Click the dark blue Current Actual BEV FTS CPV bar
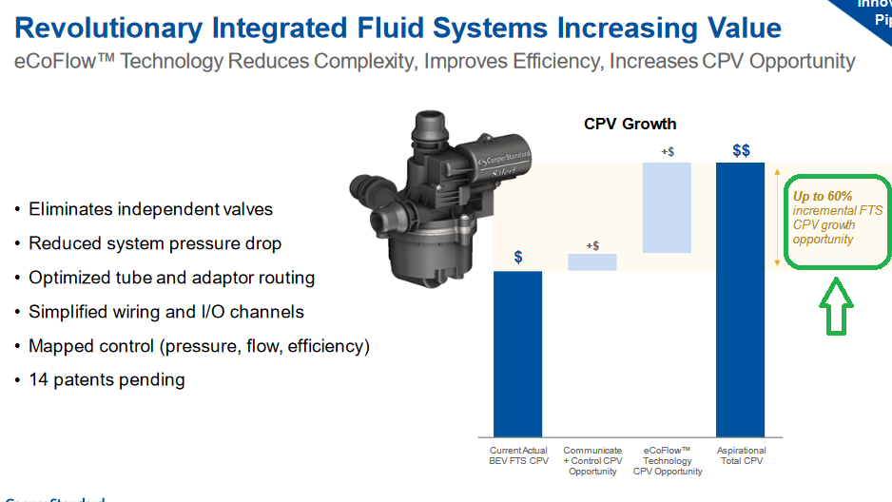pos(517,353)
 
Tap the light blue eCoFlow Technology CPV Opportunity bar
pos(667,207)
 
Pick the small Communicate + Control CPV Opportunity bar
pos(592,261)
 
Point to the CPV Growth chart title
pos(630,124)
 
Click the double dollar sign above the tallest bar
pos(741,150)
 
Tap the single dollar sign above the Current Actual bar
pos(517,257)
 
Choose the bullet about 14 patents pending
pos(107,380)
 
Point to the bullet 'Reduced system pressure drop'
pos(155,243)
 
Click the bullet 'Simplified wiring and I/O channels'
pos(166,312)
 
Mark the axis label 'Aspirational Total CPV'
pos(741,455)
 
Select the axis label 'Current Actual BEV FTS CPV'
pos(518,455)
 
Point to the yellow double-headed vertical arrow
pos(778,217)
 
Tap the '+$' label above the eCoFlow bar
pos(667,150)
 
